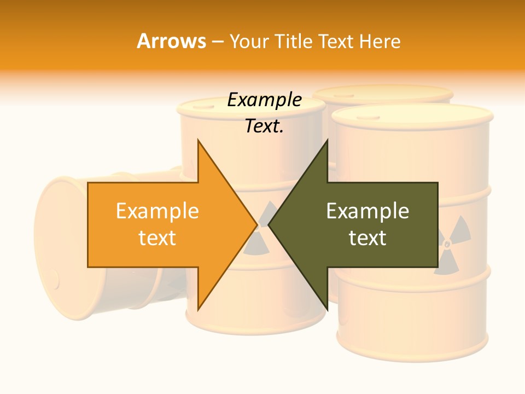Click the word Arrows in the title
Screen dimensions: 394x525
[171, 41]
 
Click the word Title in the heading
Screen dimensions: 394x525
[295, 41]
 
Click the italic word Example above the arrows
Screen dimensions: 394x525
[264, 100]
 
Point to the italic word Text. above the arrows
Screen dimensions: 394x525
[264, 126]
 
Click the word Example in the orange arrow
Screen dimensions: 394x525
[157, 211]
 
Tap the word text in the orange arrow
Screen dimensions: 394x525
[157, 238]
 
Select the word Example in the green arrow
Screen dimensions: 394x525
[367, 211]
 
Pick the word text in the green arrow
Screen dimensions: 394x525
[367, 238]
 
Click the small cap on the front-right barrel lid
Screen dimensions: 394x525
[372, 117]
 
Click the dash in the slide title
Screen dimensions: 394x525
[217, 41]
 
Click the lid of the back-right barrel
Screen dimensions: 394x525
[383, 94]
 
